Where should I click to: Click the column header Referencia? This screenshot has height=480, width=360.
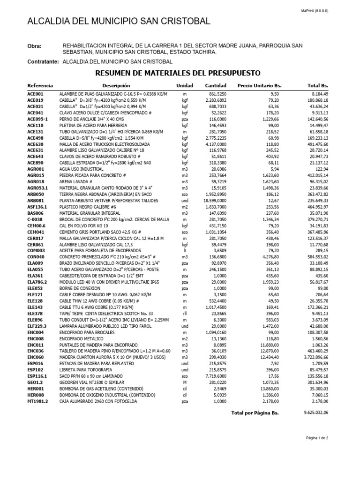pyautogui.click(x=40, y=86)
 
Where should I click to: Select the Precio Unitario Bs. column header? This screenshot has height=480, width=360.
pyautogui.click(x=259, y=86)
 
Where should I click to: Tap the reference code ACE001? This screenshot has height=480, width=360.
pyautogui.click(x=35, y=94)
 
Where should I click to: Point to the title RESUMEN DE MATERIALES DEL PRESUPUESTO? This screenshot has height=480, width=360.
pyautogui.click(x=178, y=73)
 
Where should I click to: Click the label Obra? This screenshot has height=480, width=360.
pyautogui.click(x=35, y=46)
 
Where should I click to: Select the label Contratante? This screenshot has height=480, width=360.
pyautogui.click(x=43, y=62)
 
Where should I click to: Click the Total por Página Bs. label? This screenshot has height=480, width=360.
pyautogui.click(x=255, y=413)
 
